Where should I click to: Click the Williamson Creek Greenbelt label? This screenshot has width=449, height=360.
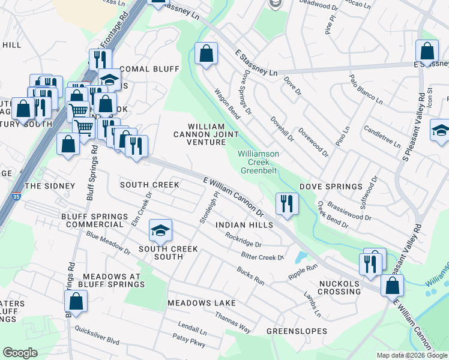pos(258,162)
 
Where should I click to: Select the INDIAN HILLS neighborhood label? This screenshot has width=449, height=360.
pos(244,224)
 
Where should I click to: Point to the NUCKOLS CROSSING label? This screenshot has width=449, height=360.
pos(339,287)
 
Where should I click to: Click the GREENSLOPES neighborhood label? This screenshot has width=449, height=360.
pos(297,331)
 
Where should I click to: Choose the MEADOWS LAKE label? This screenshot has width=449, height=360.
pos(202,303)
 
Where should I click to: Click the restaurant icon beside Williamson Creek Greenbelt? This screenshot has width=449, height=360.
pos(287,203)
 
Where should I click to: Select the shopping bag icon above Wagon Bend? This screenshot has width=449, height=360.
pos(206,55)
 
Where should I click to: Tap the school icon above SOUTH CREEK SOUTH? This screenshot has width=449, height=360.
pos(160,230)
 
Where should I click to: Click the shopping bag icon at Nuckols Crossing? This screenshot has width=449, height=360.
pos(392,286)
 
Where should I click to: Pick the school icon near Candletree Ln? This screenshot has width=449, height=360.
pos(440,130)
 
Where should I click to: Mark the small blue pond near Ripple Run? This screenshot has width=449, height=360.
pos(300,257)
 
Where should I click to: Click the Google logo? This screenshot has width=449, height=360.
pos(20,353)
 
